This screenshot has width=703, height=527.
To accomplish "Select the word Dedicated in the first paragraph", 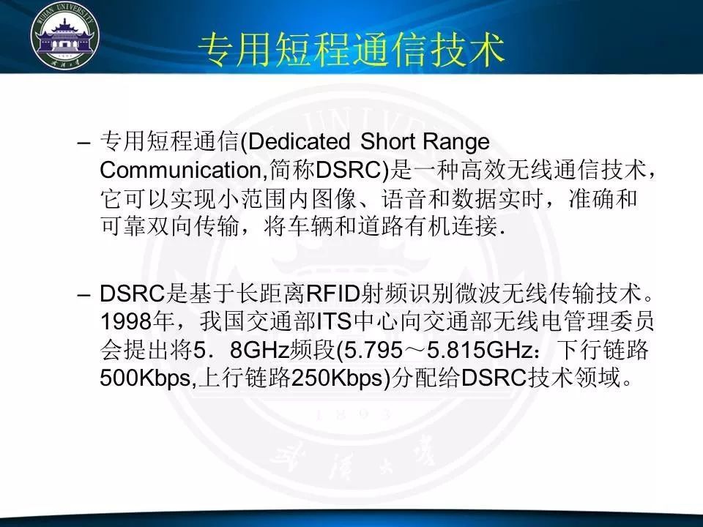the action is (x=299, y=141).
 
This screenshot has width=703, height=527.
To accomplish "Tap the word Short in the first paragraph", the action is (x=388, y=141).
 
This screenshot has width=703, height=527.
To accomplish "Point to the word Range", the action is (x=456, y=143).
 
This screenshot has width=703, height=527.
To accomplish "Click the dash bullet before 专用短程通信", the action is (x=83, y=143).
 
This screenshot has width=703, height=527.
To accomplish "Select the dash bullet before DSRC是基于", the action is (x=83, y=295).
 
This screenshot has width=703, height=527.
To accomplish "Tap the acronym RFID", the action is (x=333, y=294).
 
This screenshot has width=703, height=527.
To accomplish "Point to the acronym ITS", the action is (x=334, y=322).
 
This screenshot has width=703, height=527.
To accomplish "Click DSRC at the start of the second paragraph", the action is (x=133, y=294).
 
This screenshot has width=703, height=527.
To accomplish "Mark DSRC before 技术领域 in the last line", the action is (x=494, y=378).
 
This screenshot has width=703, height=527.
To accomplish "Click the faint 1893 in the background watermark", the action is (x=352, y=414).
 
